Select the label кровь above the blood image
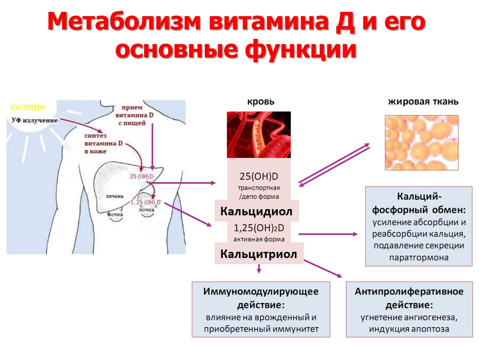pos(260,102)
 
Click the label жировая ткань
pos(423,102)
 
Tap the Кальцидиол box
pos(256,211)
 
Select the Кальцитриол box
pos(259,254)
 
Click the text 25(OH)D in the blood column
pos(258,177)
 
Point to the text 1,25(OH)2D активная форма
pos(259,234)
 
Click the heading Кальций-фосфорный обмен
pos(419,203)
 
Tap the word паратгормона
pos(419,258)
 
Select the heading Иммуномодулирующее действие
pos(261,297)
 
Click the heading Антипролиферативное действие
pos(409,297)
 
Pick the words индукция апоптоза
pos(409,329)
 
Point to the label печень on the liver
pos(115,195)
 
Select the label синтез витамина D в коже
pos(103,143)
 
